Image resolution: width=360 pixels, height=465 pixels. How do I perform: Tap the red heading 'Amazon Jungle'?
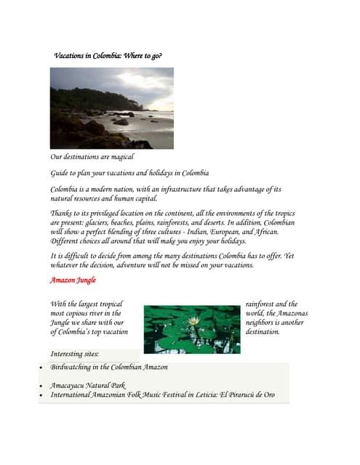tap(73, 280)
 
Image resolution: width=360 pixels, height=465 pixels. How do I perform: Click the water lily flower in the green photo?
tap(193, 320)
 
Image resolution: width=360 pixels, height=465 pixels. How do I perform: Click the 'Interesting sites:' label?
tap(75, 354)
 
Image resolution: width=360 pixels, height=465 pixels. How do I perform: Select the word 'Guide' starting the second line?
tap(59, 173)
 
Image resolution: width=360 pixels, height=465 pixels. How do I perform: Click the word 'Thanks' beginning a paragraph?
tap(61, 213)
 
